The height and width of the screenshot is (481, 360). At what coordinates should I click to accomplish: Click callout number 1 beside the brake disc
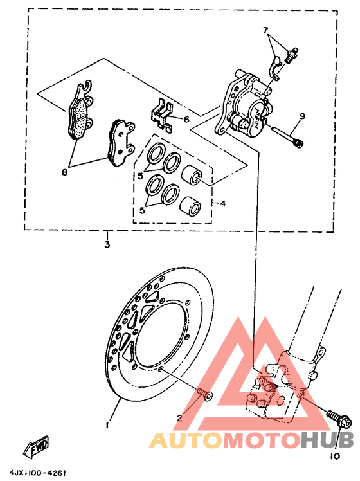pyautogui.click(x=107, y=425)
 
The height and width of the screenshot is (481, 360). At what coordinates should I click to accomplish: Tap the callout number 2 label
pyautogui.click(x=181, y=418)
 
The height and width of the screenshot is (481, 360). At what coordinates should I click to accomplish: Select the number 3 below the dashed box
pyautogui.click(x=107, y=245)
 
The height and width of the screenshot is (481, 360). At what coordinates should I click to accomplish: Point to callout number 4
pyautogui.click(x=222, y=204)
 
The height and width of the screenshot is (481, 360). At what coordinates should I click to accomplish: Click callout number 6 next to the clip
pyautogui.click(x=186, y=119)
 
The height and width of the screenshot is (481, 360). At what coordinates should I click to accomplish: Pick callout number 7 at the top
pyautogui.click(x=264, y=31)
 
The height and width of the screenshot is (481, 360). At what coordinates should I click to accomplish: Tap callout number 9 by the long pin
pyautogui.click(x=301, y=117)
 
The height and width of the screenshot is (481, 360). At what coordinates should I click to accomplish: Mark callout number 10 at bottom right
pyautogui.click(x=334, y=457)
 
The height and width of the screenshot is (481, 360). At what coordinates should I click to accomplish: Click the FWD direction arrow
pyautogui.click(x=37, y=445)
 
